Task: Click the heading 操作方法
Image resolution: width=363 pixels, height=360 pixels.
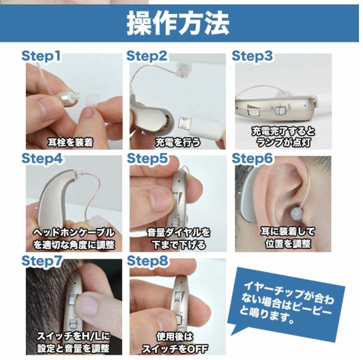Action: pyautogui.click(x=178, y=24)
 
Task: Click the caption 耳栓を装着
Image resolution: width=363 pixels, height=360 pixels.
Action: pyautogui.click(x=70, y=142)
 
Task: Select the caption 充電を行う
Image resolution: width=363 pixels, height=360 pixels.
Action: pyautogui.click(x=178, y=142)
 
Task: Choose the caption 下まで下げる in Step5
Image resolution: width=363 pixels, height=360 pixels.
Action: pyautogui.click(x=179, y=245)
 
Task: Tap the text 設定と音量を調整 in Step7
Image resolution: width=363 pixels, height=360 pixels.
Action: pyautogui.click(x=73, y=348)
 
